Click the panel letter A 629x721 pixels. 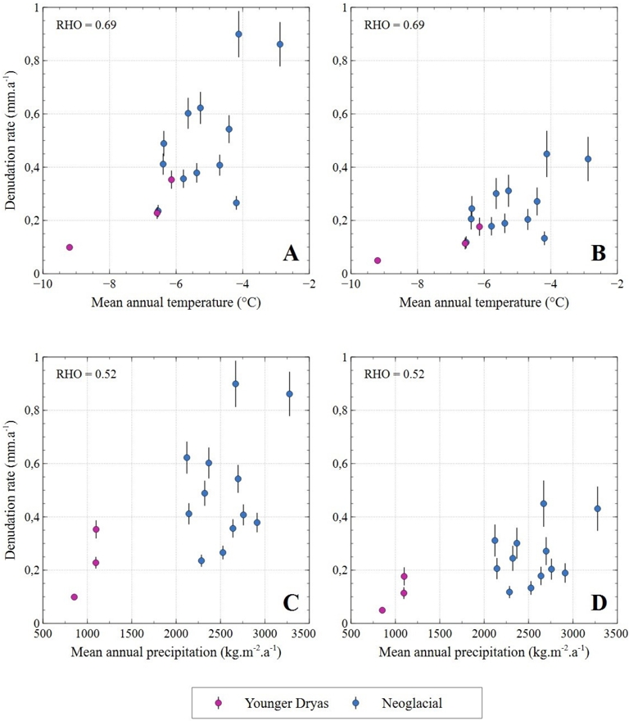[291, 253]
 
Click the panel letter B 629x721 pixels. [598, 253]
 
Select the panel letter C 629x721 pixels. [291, 603]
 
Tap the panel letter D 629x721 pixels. [598, 603]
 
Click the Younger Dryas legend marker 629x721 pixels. [219, 702]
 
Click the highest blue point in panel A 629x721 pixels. [238, 34]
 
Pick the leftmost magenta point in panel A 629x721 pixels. [70, 247]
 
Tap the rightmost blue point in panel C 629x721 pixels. [289, 394]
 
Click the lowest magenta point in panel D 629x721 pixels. [382, 610]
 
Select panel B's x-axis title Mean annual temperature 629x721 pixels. [483, 302]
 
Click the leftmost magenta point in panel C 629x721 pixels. [74, 597]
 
